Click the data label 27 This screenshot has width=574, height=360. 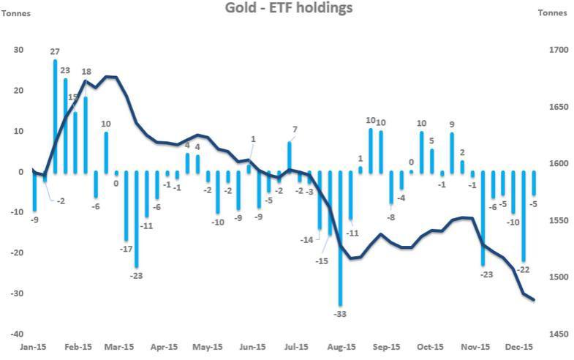(56, 51)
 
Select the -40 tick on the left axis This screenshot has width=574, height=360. (16, 334)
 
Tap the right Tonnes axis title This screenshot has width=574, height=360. (552, 12)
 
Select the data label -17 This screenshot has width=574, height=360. (125, 249)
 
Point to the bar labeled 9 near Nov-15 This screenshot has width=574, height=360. (452, 152)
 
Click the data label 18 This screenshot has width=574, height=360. (86, 72)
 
